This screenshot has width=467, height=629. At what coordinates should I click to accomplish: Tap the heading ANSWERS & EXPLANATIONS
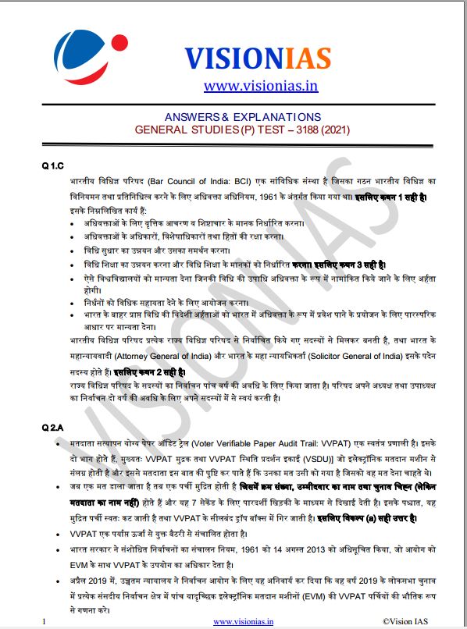[242, 116]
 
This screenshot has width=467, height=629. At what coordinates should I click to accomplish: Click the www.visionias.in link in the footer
[244, 621]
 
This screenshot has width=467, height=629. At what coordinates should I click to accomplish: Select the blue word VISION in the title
[232, 57]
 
